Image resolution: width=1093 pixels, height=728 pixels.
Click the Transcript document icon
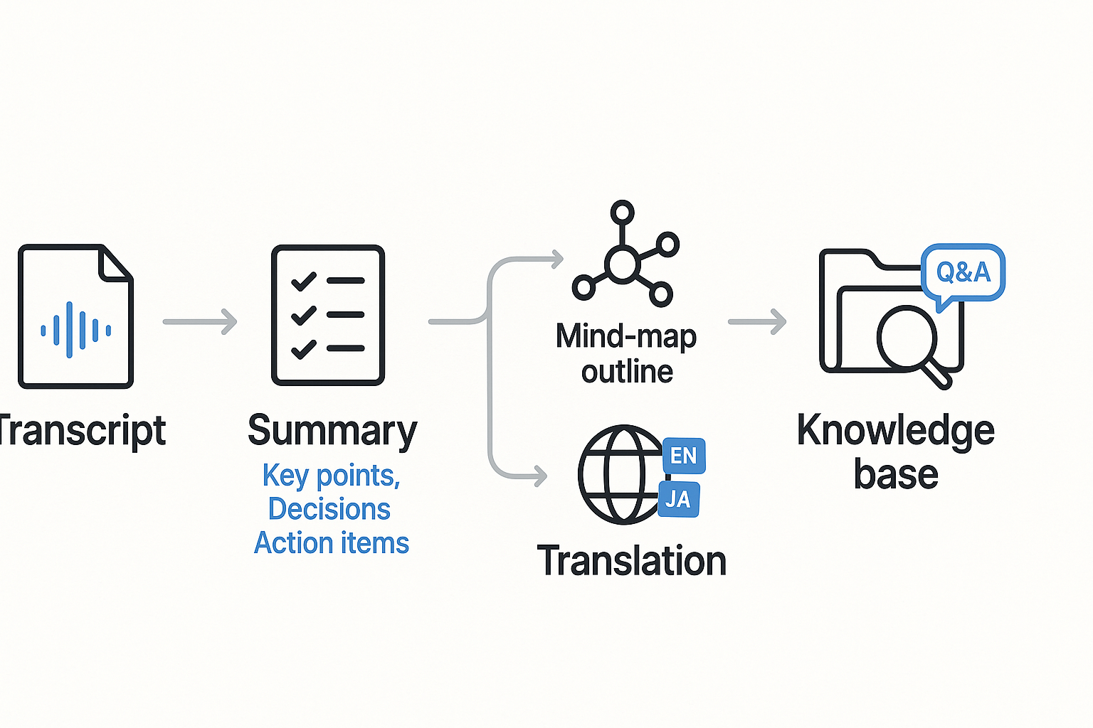click(75, 316)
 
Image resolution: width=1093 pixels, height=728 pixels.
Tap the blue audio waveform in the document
click(75, 330)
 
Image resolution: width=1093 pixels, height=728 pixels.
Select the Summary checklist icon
click(328, 315)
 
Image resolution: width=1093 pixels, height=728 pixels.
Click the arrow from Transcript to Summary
click(200, 321)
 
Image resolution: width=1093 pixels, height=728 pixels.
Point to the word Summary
click(332, 431)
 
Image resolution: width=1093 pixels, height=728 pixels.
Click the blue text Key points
click(331, 476)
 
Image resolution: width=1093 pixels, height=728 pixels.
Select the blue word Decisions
click(329, 509)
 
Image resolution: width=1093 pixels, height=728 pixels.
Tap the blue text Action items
click(332, 543)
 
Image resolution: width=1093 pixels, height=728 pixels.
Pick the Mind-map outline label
click(626, 353)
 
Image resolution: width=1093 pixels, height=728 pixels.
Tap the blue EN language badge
click(684, 456)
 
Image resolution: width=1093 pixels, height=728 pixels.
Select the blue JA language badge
click(678, 500)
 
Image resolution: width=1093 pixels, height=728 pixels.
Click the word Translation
click(632, 561)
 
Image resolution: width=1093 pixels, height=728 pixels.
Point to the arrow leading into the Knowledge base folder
click(757, 321)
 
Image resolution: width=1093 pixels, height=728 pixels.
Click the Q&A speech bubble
click(963, 272)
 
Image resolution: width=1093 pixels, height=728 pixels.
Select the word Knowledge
click(895, 430)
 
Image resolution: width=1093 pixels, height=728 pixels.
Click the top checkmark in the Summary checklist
click(304, 282)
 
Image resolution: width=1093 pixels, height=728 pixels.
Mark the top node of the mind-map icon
click(623, 212)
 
